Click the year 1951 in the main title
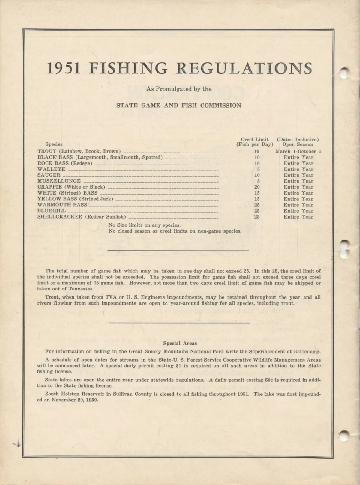[x=64, y=68]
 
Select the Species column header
[x=54, y=144]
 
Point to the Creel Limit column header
[x=255, y=140]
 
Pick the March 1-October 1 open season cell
[x=298, y=151]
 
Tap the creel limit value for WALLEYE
[x=258, y=169]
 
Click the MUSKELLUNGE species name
[x=59, y=181]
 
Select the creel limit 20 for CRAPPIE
[x=257, y=187]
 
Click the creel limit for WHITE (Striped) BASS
[x=257, y=193]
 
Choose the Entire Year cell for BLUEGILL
[x=298, y=211]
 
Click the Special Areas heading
[x=180, y=343]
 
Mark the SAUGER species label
[x=49, y=175]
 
